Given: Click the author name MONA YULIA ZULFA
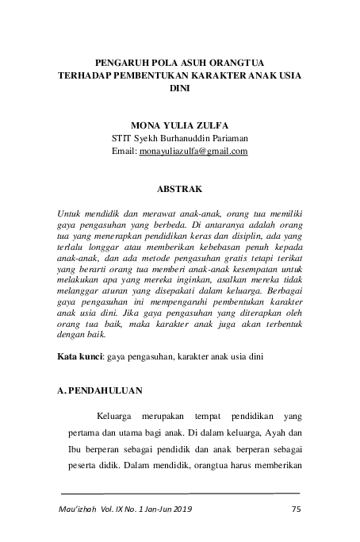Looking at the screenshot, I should click(181, 125).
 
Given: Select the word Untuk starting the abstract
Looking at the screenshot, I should click(72, 213).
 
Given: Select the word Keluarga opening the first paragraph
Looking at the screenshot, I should click(116, 417).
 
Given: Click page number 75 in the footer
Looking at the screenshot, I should click(297, 509).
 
